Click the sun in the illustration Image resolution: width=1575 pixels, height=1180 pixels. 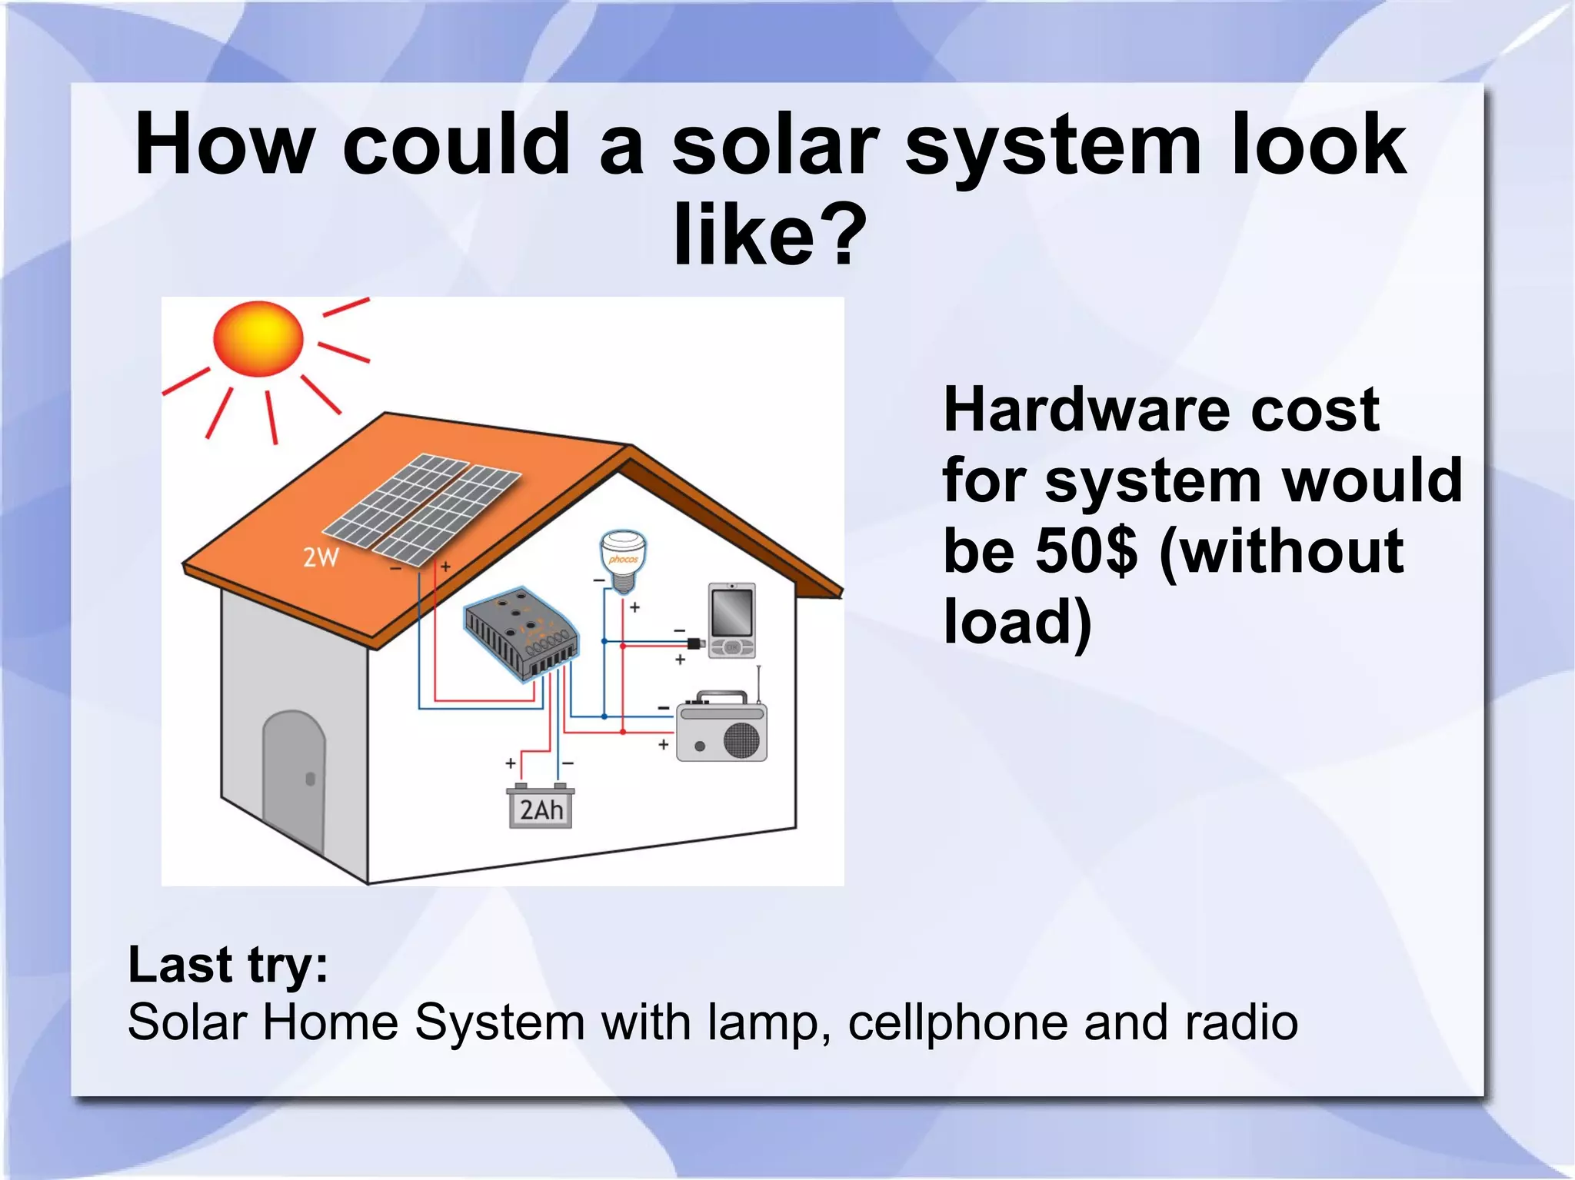click(258, 338)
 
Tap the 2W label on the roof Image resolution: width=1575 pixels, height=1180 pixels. click(321, 557)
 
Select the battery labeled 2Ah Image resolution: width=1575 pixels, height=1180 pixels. click(541, 807)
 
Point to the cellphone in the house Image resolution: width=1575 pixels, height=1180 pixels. click(732, 620)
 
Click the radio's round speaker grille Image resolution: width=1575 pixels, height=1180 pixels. click(741, 740)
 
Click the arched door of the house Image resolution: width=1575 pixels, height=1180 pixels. click(294, 776)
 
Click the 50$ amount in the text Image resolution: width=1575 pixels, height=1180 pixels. click(1085, 551)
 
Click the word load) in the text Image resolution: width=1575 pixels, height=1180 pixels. click(1017, 621)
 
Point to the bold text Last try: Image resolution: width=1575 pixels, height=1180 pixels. click(228, 965)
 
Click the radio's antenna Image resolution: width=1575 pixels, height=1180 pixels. click(759, 684)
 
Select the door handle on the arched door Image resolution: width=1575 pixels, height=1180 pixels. click(311, 779)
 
